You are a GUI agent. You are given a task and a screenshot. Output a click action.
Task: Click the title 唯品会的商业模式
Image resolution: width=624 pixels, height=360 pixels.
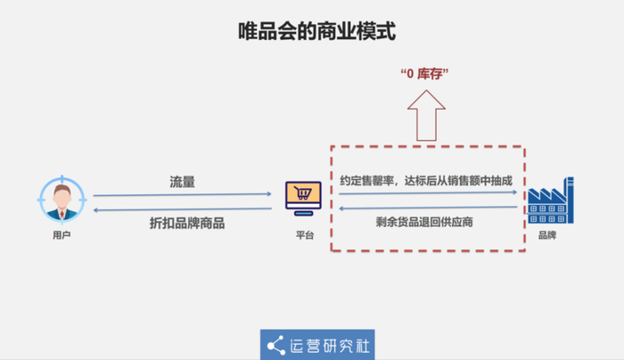click(316, 31)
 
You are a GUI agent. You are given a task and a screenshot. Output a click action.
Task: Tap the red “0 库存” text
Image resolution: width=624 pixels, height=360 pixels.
click(424, 74)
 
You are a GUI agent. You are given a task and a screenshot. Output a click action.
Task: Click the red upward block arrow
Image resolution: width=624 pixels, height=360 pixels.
click(426, 115)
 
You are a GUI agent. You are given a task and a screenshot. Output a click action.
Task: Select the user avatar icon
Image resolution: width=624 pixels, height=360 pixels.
click(62, 200)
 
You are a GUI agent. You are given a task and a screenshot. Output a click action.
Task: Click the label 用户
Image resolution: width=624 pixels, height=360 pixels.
click(62, 235)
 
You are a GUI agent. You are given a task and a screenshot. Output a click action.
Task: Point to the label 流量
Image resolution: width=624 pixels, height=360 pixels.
click(182, 182)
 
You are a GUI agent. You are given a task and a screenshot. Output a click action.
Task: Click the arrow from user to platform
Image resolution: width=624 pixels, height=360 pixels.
click(182, 194)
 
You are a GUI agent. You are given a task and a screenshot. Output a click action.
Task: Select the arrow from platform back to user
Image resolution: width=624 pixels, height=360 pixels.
click(182, 209)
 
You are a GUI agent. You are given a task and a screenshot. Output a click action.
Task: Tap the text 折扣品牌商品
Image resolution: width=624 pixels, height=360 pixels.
click(187, 223)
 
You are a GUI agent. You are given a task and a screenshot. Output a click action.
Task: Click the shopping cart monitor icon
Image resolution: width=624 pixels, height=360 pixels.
click(303, 199)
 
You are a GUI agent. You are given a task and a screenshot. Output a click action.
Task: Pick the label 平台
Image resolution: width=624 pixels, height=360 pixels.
click(305, 235)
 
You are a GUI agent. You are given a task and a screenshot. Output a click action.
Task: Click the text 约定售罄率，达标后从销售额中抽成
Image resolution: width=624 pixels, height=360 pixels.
click(426, 181)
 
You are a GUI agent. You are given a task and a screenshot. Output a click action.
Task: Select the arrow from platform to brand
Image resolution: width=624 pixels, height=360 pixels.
click(428, 193)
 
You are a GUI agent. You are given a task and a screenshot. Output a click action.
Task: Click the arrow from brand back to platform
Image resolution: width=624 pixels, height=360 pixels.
click(428, 208)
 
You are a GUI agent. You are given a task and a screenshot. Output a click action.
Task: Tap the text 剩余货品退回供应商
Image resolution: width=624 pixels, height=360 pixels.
click(424, 222)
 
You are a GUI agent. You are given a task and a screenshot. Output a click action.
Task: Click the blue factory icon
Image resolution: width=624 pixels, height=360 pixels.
click(551, 200)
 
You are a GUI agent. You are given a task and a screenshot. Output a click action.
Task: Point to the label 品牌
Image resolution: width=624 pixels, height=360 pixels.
click(547, 235)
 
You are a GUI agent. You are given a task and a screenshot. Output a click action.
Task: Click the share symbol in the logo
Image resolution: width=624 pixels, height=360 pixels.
click(276, 345)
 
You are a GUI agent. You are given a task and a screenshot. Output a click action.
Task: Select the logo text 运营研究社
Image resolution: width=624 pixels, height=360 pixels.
click(330, 346)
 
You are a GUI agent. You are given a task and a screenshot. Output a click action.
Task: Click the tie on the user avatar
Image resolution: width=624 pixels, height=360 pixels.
click(62, 215)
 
